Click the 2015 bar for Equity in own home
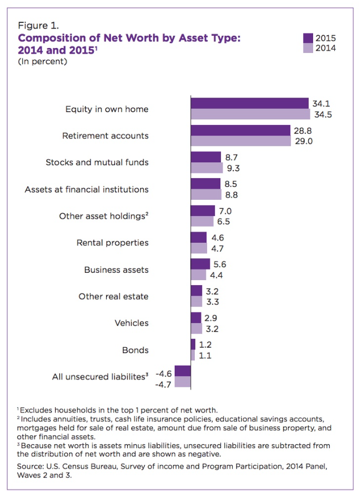coord(249,103)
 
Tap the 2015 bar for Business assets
coord(200,264)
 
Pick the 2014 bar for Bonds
coord(193,355)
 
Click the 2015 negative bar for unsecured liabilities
coord(183,371)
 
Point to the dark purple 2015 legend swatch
coord(308,38)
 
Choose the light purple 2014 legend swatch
coord(308,47)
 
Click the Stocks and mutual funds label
coord(97,162)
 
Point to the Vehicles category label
coord(131,323)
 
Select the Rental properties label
coord(112,243)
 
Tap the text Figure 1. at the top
coord(39,26)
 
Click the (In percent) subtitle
coord(42,61)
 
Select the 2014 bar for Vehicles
coord(196,328)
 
